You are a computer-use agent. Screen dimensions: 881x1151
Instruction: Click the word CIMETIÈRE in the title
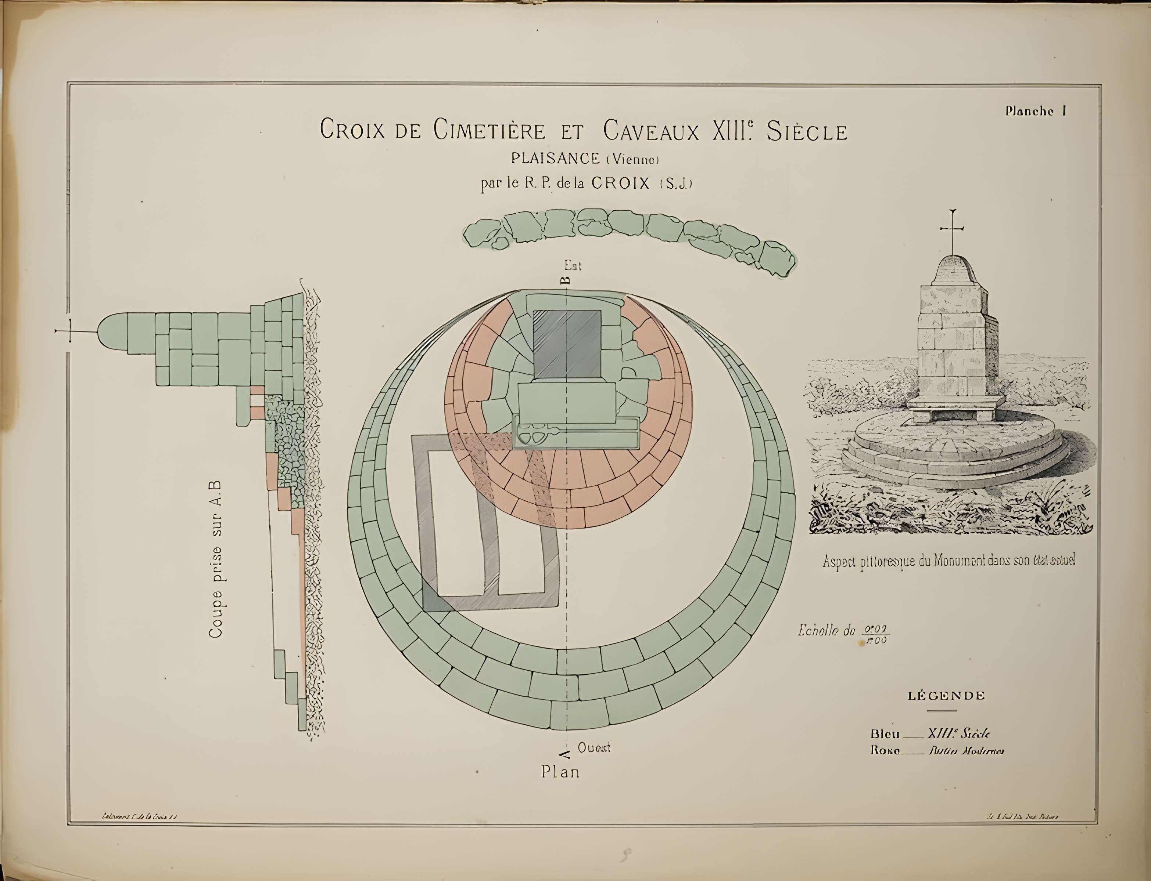click(490, 131)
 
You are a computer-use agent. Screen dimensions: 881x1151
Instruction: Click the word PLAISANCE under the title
click(556, 158)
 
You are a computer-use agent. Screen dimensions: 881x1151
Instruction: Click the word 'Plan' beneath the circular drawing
click(560, 772)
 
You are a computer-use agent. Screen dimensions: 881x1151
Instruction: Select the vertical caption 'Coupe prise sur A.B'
click(216, 558)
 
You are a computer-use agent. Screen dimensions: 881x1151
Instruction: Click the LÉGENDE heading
click(946, 696)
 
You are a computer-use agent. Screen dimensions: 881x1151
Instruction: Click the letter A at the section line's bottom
click(565, 754)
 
